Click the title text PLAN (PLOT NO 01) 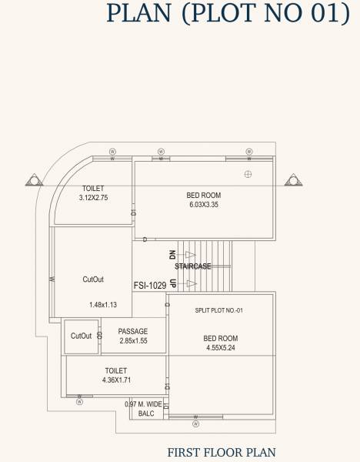(x=228, y=13)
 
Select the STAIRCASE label (x=193, y=266)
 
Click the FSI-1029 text (x=149, y=284)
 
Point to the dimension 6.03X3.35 (x=204, y=206)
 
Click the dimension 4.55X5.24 (x=221, y=348)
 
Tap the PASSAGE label (x=133, y=331)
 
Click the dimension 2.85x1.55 (x=133, y=340)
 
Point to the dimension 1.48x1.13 (x=102, y=305)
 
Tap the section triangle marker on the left (x=34, y=181)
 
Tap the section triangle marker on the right (x=293, y=181)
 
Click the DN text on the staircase (x=172, y=255)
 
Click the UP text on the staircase (x=172, y=284)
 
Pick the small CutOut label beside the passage (x=81, y=336)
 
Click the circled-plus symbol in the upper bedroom (x=248, y=173)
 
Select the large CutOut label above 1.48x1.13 (x=93, y=280)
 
